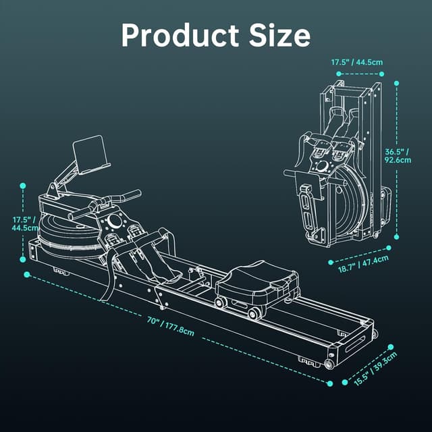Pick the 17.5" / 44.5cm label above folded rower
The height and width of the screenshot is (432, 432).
pos(357,63)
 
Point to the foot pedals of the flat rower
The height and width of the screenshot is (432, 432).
pos(136,246)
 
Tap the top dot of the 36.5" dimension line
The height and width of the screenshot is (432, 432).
pos(397,84)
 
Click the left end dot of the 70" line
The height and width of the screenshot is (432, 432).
pos(27,275)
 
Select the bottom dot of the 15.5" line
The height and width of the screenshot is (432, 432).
pos(330,383)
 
